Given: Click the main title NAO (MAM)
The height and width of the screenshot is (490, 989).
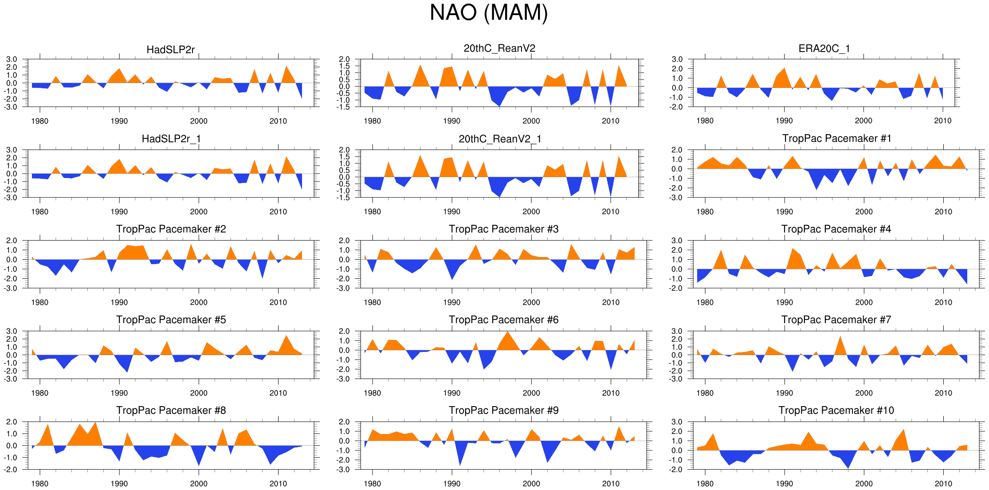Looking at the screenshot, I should tap(489, 12).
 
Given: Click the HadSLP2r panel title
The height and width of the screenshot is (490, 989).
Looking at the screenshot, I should tap(170, 49).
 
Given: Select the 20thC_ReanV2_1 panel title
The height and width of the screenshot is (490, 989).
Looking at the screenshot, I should tap(500, 139).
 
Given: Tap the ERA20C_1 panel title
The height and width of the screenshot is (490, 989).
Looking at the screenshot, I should tap(824, 48).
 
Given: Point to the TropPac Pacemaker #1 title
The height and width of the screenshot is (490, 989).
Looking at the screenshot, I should tap(836, 138).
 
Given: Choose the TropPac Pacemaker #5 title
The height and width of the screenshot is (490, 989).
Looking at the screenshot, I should tap(171, 320).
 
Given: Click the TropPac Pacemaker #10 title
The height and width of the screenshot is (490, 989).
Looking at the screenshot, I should tap(836, 410).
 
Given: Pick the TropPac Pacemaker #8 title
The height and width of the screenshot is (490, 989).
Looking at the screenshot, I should tap(171, 410).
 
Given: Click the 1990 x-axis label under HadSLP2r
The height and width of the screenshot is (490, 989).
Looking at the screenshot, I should tap(119, 121).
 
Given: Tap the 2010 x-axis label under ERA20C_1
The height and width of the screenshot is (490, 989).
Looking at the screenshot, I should tap(942, 121).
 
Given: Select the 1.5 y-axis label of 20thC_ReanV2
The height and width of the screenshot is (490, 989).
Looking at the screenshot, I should tap(344, 66).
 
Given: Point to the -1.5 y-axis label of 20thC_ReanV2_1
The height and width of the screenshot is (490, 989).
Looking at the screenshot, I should tap(343, 198).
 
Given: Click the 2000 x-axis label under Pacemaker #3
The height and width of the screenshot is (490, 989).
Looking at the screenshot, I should tap(531, 302).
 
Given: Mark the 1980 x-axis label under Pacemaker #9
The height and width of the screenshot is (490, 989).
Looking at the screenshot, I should tap(372, 483).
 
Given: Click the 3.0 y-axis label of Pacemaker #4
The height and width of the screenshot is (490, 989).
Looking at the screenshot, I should tap(677, 241).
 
